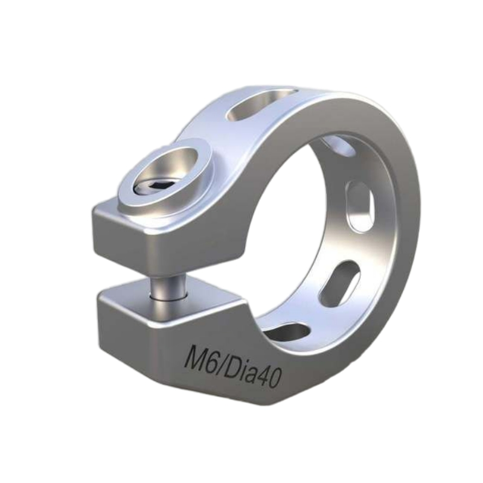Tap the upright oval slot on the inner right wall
[x=360, y=205]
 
